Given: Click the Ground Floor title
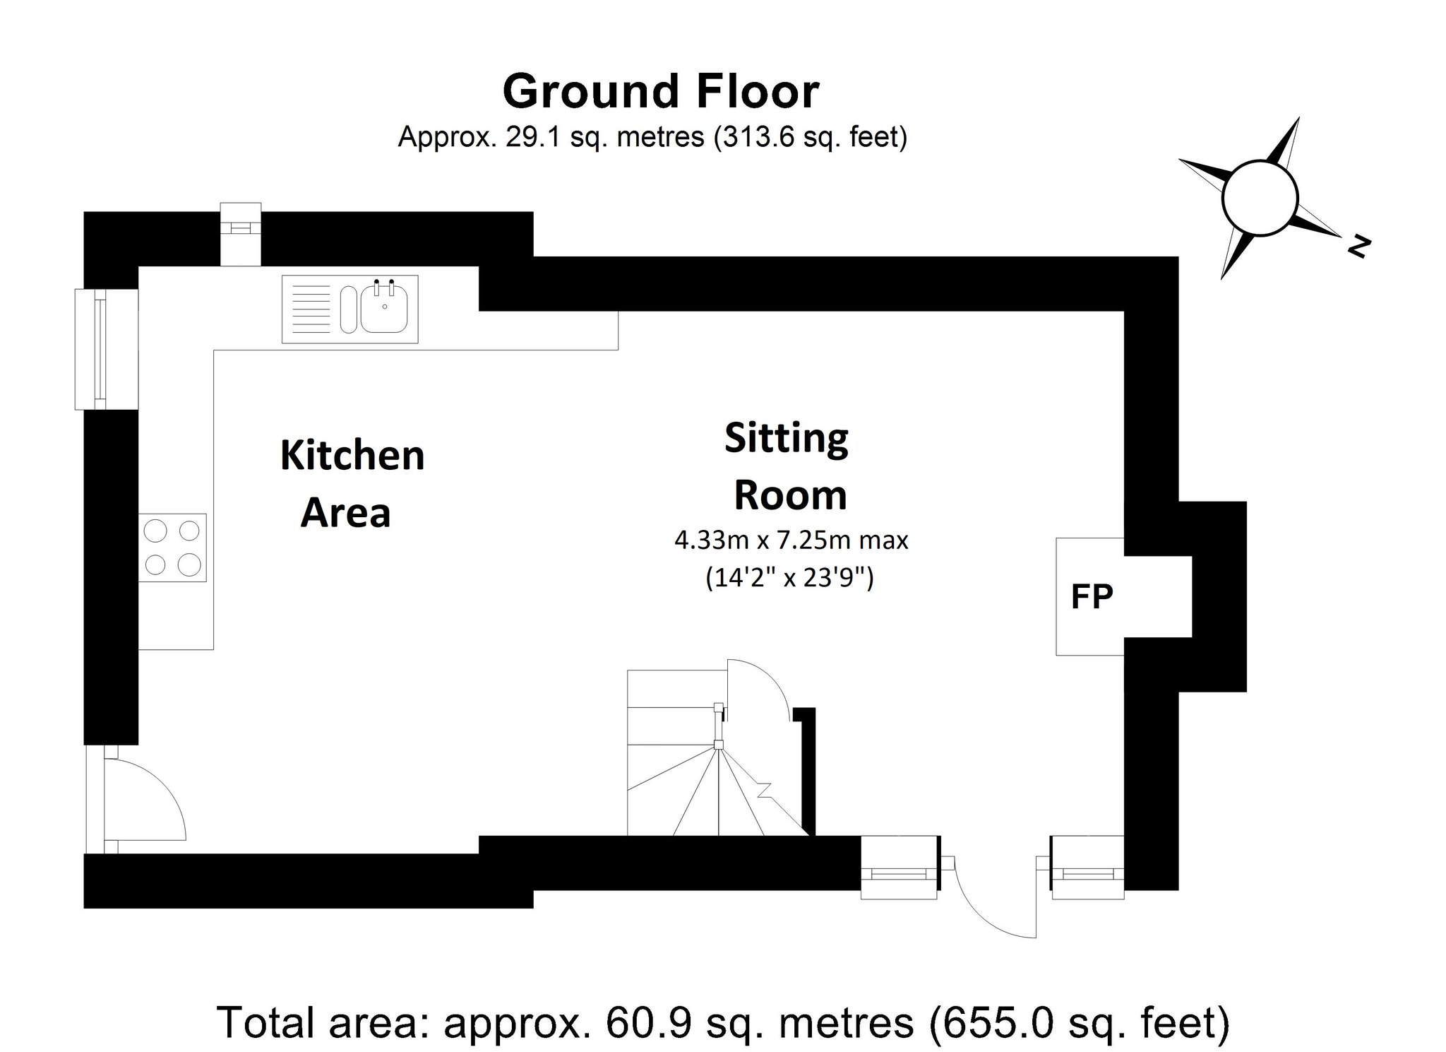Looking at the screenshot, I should tap(660, 92).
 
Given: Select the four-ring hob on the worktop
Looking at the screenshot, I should tap(172, 548).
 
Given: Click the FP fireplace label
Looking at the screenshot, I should tap(1092, 597).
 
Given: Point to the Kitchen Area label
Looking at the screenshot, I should tap(351, 484).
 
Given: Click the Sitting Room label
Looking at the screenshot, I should tap(788, 466).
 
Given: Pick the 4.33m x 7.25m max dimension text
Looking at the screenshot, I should tap(791, 541).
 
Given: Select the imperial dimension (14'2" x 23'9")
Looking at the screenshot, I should tap(789, 579).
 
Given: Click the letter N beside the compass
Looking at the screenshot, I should tap(1358, 247).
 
